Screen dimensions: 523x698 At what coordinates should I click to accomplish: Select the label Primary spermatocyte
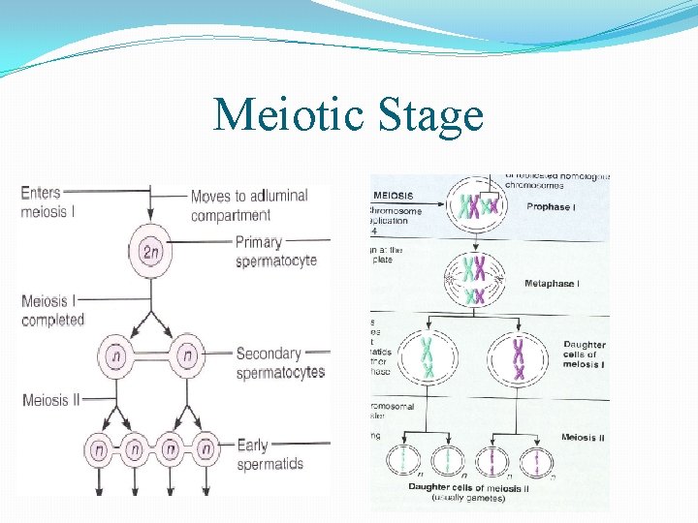click(275, 251)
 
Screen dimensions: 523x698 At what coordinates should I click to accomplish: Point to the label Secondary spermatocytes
click(280, 362)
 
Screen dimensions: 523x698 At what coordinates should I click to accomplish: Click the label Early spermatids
click(270, 454)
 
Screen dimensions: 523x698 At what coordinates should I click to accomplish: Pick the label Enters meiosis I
click(48, 201)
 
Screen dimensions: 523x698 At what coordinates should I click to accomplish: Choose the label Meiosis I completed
click(52, 310)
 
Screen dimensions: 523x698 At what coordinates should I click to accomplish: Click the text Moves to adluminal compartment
click(249, 205)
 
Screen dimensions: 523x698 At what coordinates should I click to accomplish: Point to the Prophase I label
click(549, 207)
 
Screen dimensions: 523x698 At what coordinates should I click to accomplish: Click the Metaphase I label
click(551, 284)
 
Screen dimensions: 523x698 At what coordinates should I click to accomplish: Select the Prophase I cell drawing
click(475, 208)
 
